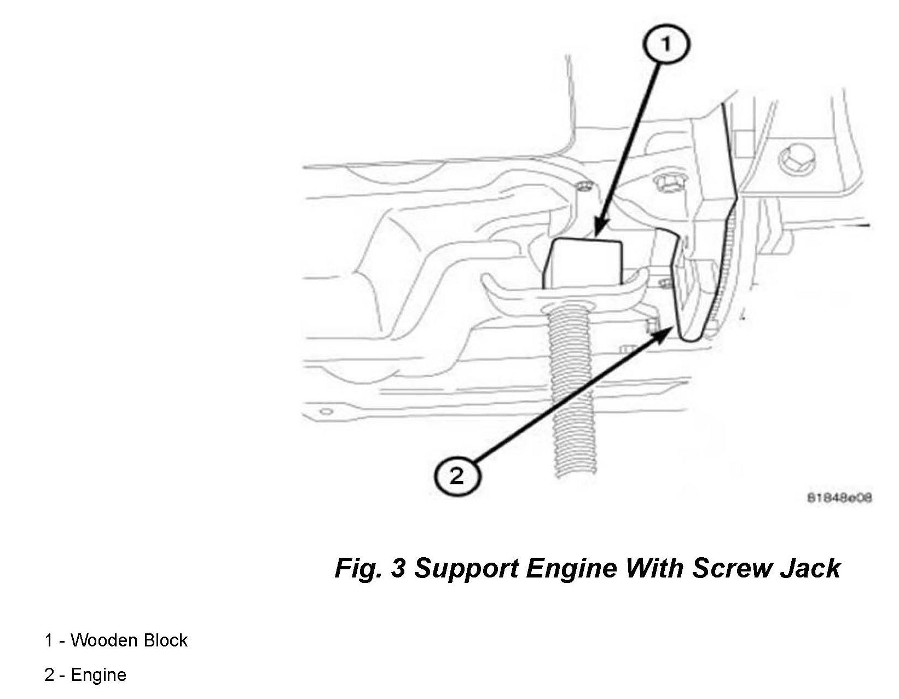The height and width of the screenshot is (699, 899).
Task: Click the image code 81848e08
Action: (x=839, y=498)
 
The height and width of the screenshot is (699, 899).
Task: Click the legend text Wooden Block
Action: (x=129, y=640)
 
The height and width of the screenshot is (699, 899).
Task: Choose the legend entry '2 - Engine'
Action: (x=85, y=675)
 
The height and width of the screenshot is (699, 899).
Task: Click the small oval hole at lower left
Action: (x=327, y=411)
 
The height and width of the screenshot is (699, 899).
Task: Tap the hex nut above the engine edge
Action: (x=666, y=183)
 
